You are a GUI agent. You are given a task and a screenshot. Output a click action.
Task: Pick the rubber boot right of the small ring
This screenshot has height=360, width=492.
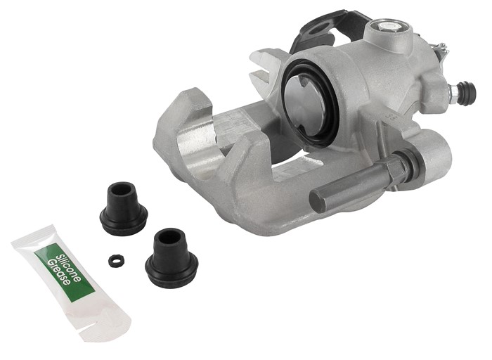[x=171, y=254]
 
